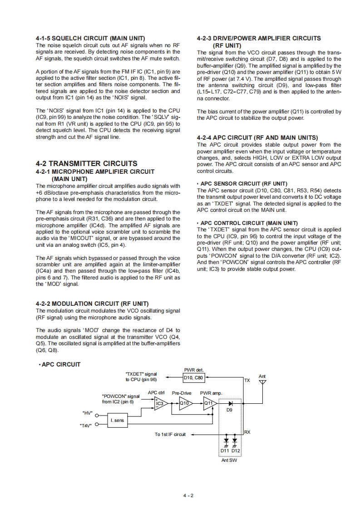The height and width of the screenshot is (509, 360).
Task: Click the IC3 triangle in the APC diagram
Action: click(160, 402)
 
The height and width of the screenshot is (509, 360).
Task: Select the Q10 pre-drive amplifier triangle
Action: click(185, 402)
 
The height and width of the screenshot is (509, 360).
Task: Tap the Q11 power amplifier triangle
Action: click(209, 402)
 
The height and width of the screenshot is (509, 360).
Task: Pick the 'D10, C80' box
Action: click(194, 377)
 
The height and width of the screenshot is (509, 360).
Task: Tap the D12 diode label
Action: click(236, 450)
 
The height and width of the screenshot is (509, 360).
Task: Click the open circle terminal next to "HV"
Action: click(97, 414)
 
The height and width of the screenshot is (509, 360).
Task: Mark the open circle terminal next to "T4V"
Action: click(97, 426)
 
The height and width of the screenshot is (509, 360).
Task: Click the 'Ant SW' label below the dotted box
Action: click(229, 460)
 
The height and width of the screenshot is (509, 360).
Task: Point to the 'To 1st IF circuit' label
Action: click(170, 434)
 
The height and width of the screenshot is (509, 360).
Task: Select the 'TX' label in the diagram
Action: click(247, 380)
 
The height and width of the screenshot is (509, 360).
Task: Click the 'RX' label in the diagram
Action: click(247, 432)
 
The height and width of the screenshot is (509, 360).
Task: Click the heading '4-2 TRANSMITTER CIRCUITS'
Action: click(86, 163)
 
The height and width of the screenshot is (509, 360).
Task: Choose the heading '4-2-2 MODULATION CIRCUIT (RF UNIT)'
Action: click(92, 303)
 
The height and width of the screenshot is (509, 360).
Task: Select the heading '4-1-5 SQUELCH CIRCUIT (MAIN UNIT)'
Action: click(90, 39)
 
